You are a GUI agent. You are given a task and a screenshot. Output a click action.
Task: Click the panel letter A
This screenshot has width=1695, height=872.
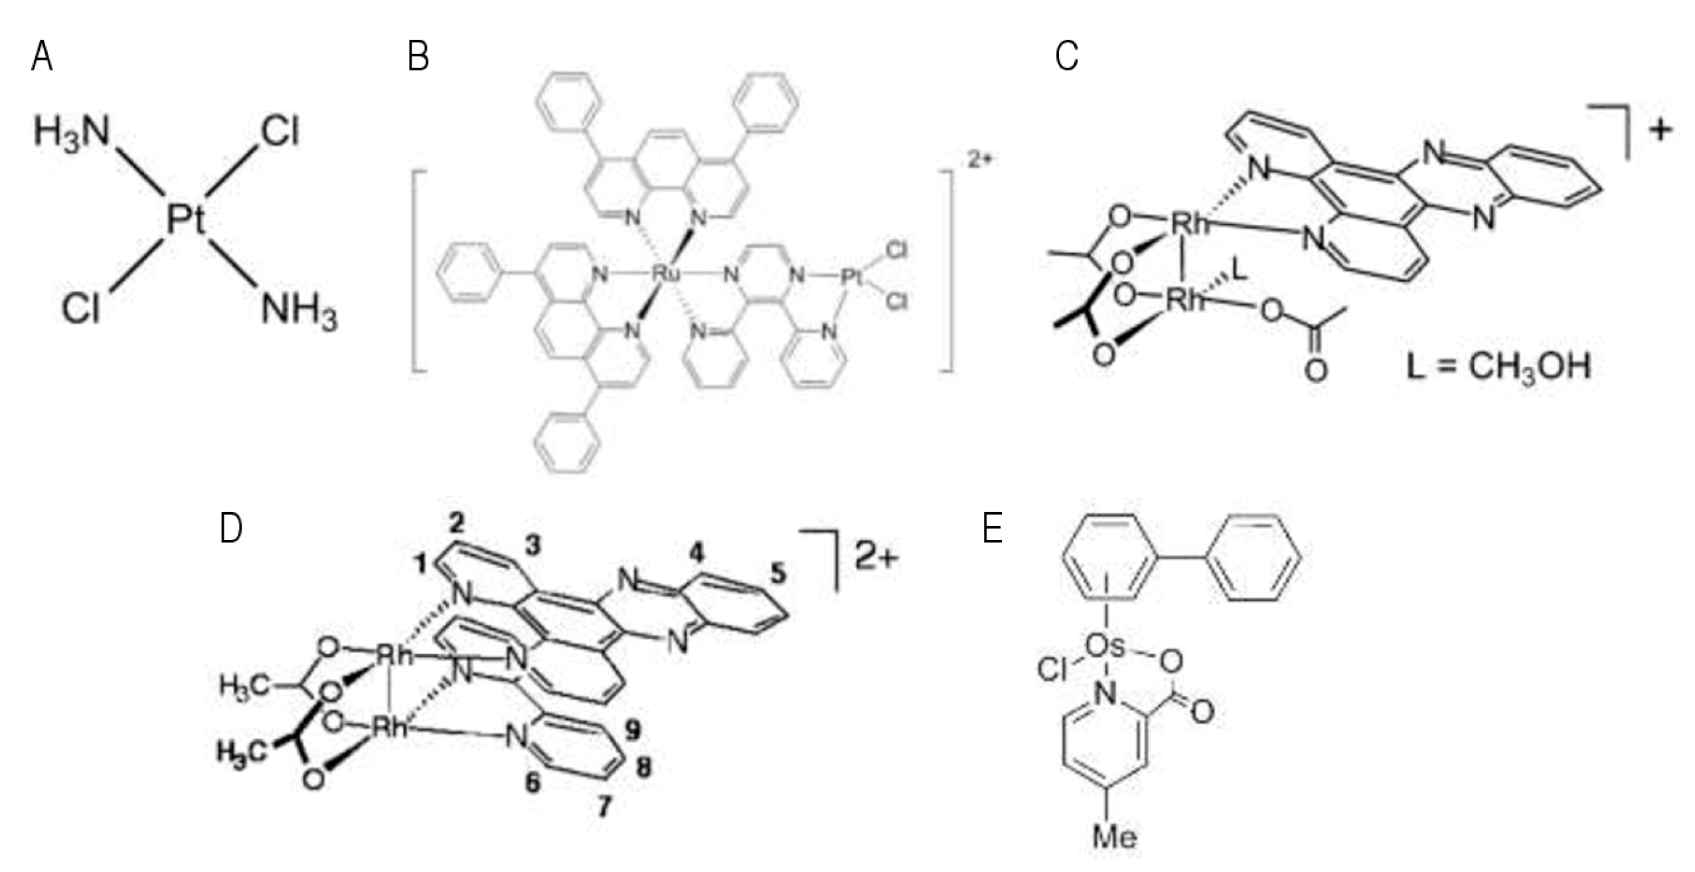click(42, 56)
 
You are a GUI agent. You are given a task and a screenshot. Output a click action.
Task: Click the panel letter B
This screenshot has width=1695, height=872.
click(418, 56)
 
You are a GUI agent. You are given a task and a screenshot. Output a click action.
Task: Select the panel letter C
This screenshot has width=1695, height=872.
click(1066, 56)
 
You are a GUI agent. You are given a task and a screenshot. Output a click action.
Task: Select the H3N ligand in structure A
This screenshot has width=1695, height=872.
click(71, 131)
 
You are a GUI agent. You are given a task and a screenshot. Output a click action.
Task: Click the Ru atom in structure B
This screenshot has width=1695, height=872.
click(665, 273)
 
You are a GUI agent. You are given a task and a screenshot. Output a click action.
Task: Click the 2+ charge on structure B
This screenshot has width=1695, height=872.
click(978, 160)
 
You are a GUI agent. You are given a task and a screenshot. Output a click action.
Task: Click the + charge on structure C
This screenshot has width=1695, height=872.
click(1660, 130)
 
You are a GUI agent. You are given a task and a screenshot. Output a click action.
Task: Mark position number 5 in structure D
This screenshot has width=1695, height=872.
click(777, 572)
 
